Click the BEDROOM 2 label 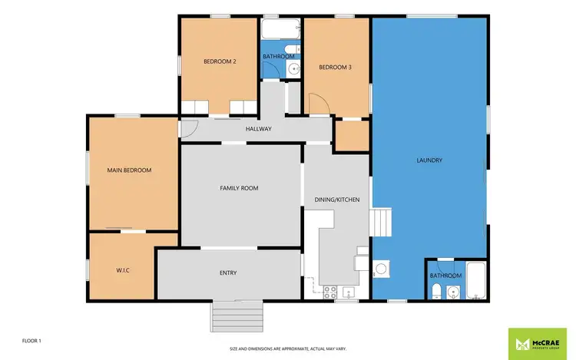point(219,61)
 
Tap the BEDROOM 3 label point(335,68)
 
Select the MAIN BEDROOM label point(129,170)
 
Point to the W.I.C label point(122,271)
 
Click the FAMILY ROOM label point(239,188)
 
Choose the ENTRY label point(228,273)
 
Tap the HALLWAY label point(258,129)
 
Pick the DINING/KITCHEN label point(337,200)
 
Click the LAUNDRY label point(429,160)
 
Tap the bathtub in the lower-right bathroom point(476,281)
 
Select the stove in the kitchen point(330,291)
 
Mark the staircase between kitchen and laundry point(382,223)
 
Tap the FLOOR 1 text point(32,340)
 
